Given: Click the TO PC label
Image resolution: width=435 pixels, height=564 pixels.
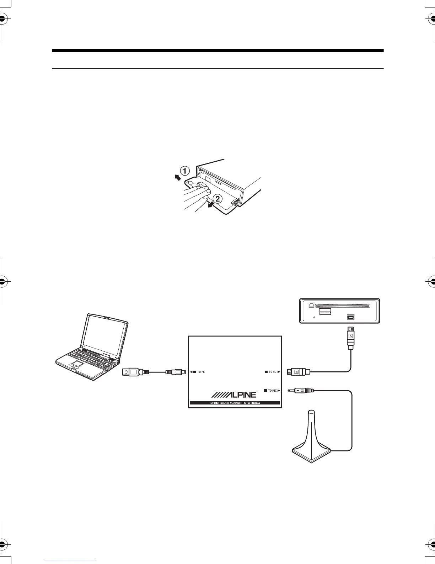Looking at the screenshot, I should [x=201, y=372].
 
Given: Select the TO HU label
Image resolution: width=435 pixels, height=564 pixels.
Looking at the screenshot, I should [x=273, y=372].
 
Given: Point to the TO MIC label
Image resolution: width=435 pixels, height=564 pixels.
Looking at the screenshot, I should [x=272, y=391].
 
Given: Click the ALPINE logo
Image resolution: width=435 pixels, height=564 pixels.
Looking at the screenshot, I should [x=234, y=395].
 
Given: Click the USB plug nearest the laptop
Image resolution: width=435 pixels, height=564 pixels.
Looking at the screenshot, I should [x=133, y=372].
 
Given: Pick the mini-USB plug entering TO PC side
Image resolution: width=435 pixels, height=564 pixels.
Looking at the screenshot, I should [x=175, y=372].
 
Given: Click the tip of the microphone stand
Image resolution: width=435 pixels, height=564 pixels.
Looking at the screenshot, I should [x=311, y=412].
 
